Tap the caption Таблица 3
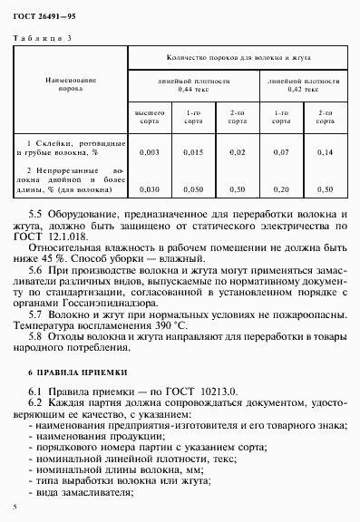coord(44,37)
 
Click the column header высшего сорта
coord(151,116)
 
